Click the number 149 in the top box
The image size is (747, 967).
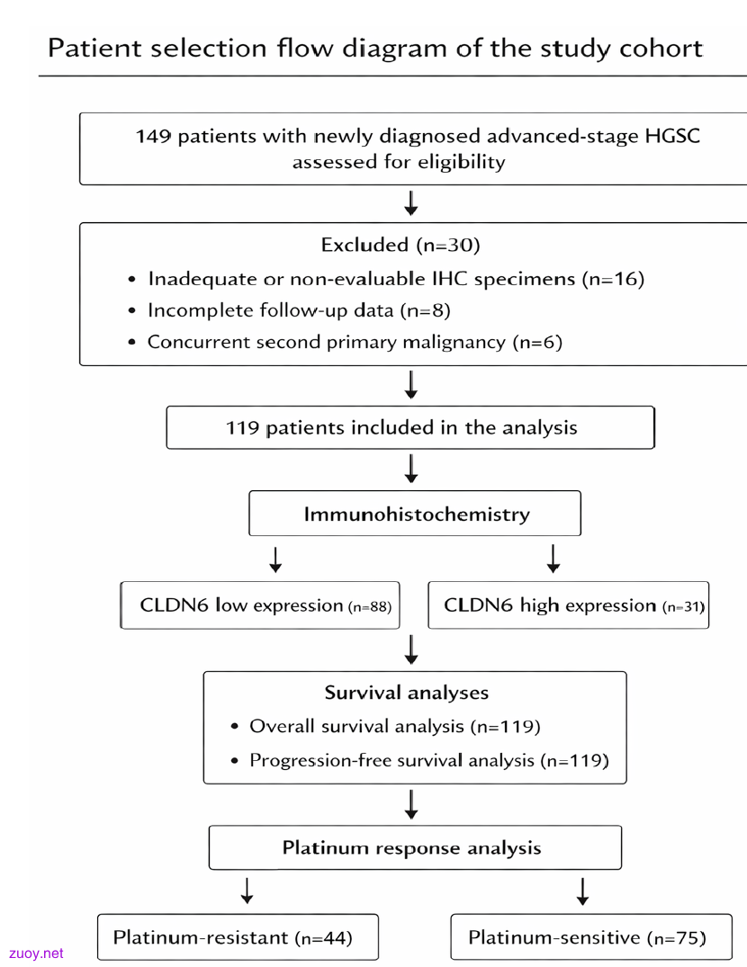pyautogui.click(x=154, y=136)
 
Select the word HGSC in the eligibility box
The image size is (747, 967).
pyautogui.click(x=672, y=136)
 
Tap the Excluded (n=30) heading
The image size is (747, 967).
pyautogui.click(x=400, y=245)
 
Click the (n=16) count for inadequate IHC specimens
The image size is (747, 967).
pyautogui.click(x=613, y=279)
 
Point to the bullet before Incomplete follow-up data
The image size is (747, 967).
pyautogui.click(x=131, y=311)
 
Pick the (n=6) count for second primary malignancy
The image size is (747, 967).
pyautogui.click(x=537, y=342)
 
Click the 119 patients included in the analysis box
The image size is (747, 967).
pyautogui.click(x=410, y=427)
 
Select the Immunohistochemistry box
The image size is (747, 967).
pyautogui.click(x=415, y=513)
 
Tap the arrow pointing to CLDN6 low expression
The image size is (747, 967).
pyautogui.click(x=275, y=560)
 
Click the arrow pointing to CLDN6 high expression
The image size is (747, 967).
pyautogui.click(x=553, y=559)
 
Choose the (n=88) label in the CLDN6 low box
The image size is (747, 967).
pyautogui.click(x=370, y=607)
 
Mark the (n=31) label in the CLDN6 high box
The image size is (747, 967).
pyautogui.click(x=683, y=607)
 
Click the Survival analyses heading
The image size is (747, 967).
pyautogui.click(x=407, y=693)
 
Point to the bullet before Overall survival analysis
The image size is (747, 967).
pyautogui.click(x=234, y=727)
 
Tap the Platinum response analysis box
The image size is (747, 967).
pyautogui.click(x=415, y=847)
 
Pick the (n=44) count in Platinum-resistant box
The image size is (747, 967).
pyautogui.click(x=324, y=938)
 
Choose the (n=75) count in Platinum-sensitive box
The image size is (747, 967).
pyautogui.click(x=677, y=938)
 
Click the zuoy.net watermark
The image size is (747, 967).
pyautogui.click(x=36, y=954)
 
